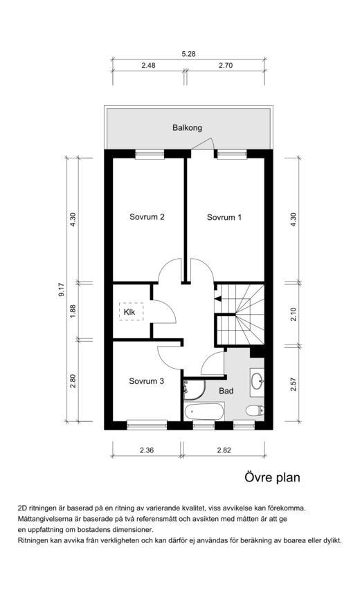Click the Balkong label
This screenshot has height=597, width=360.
187,128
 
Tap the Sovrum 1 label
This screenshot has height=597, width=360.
224,217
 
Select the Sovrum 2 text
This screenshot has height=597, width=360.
147,217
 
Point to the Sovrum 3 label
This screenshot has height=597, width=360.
146,381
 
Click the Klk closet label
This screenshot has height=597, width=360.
129,312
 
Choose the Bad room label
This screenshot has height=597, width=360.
226,391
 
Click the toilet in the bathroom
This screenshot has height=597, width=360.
255,410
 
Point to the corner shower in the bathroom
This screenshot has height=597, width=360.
195,389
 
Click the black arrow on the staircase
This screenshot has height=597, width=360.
218,299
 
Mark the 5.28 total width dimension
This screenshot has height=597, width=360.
188,54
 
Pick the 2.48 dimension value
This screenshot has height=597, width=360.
149,66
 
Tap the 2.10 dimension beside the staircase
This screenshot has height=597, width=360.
293,315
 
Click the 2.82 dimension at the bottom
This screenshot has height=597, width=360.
224,450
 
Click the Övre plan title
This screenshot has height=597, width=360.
272,477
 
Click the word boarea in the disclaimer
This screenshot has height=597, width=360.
285,540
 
